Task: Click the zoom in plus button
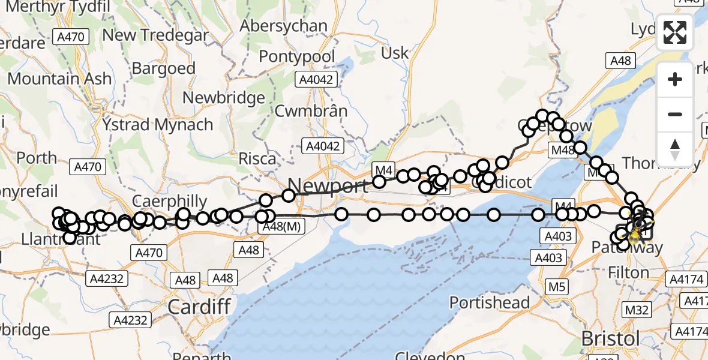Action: (675, 80)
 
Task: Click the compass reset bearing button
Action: (675, 149)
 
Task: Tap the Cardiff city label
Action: (199, 307)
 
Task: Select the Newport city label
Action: (327, 185)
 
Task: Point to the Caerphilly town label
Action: (169, 202)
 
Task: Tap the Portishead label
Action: (490, 302)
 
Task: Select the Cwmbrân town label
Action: (311, 111)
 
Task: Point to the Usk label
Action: (395, 53)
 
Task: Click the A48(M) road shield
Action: (282, 226)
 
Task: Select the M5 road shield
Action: (557, 287)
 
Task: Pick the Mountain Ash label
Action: (59, 79)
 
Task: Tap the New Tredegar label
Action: (155, 35)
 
